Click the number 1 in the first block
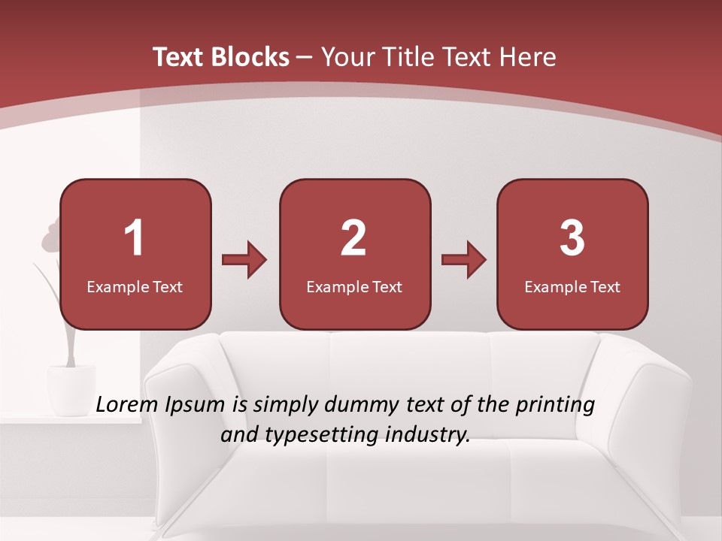135,238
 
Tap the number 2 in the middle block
353,238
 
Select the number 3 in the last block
572,238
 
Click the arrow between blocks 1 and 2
244,260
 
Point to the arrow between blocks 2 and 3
463,260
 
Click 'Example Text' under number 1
135,287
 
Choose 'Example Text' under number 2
354,287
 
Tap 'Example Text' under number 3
572,287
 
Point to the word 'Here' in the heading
528,57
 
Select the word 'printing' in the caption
555,406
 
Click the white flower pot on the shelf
71,388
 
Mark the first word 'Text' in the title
178,57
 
